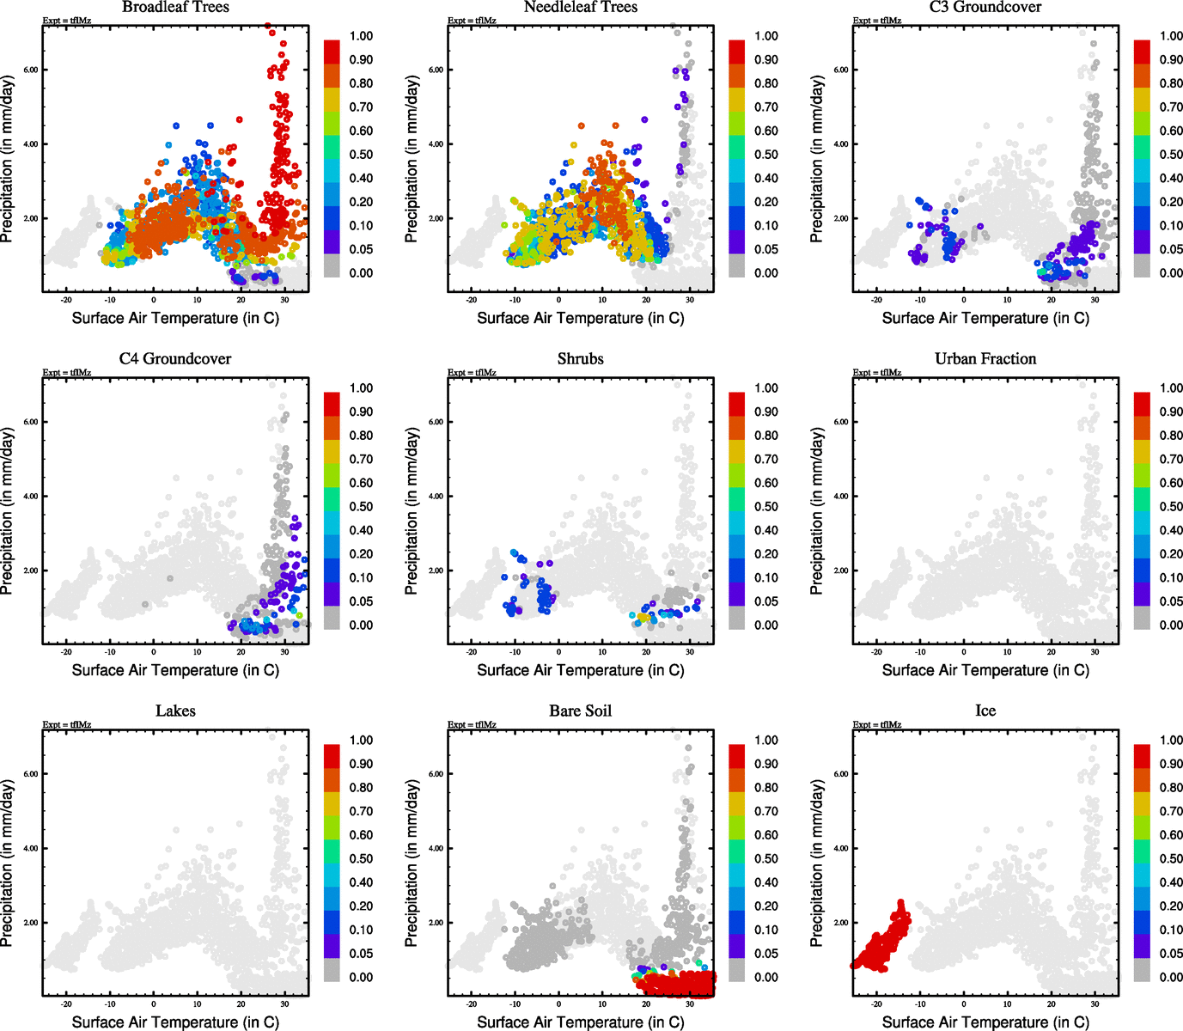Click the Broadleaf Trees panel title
click(175, 7)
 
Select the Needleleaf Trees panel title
click(581, 7)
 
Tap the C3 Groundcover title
click(985, 7)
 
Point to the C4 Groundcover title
click(175, 358)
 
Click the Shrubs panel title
click(581, 358)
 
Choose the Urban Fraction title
click(985, 358)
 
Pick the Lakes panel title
click(175, 711)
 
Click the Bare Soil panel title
click(581, 711)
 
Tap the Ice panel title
click(985, 711)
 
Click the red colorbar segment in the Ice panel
click(1142, 755)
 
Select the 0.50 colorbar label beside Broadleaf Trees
click(361, 155)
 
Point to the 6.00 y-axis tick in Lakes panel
click(31, 774)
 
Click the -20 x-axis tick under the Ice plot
click(876, 1004)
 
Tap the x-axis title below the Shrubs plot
click(581, 670)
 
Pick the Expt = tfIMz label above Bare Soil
click(472, 725)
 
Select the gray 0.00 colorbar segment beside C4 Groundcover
click(332, 618)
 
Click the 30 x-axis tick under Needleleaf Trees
click(690, 300)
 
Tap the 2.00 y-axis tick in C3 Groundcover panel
click(841, 218)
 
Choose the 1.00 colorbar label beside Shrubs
click(766, 388)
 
